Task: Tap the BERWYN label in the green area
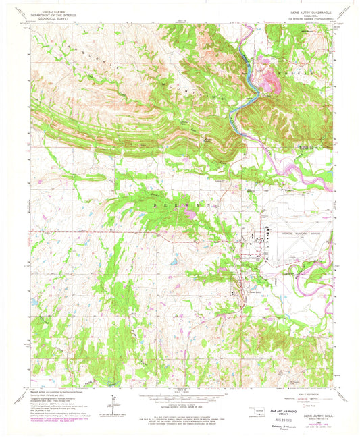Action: tap(167, 202)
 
